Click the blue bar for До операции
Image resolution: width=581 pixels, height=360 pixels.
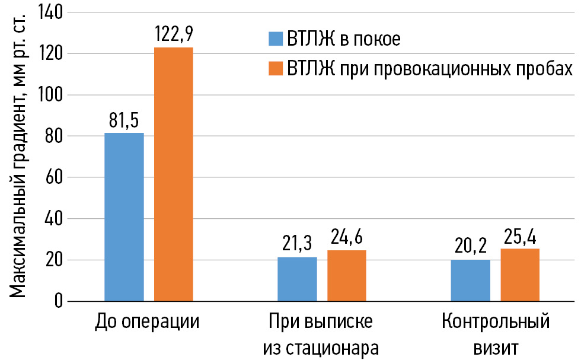click(x=124, y=217)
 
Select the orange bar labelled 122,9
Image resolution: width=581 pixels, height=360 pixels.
click(x=174, y=174)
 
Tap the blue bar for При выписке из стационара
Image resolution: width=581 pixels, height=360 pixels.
click(x=297, y=279)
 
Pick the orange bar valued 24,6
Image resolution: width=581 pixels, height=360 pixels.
click(x=347, y=276)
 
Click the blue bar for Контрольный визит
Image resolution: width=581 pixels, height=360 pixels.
click(x=470, y=280)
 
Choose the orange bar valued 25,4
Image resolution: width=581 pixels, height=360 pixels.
click(x=520, y=275)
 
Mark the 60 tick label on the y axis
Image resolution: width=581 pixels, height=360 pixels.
click(x=54, y=177)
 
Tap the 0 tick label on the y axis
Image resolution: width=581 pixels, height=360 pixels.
click(x=58, y=301)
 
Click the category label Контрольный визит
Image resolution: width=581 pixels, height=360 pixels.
click(x=496, y=334)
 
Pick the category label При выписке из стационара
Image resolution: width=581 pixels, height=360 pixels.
click(x=321, y=334)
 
